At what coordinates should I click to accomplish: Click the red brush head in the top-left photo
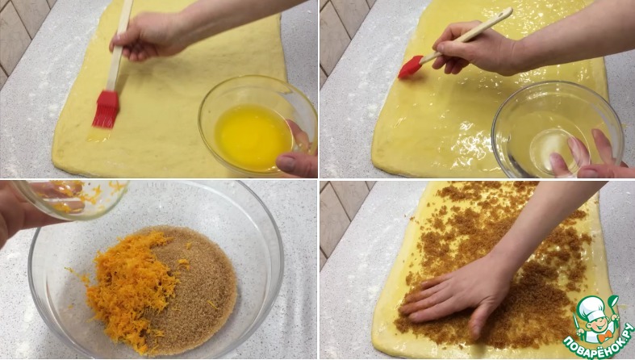(107, 109)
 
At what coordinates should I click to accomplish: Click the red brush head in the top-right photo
(411, 67)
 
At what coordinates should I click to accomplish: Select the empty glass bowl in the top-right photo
(557, 130)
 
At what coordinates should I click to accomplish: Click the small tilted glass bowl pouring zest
(71, 199)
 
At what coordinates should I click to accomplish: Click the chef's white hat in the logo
(591, 305)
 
